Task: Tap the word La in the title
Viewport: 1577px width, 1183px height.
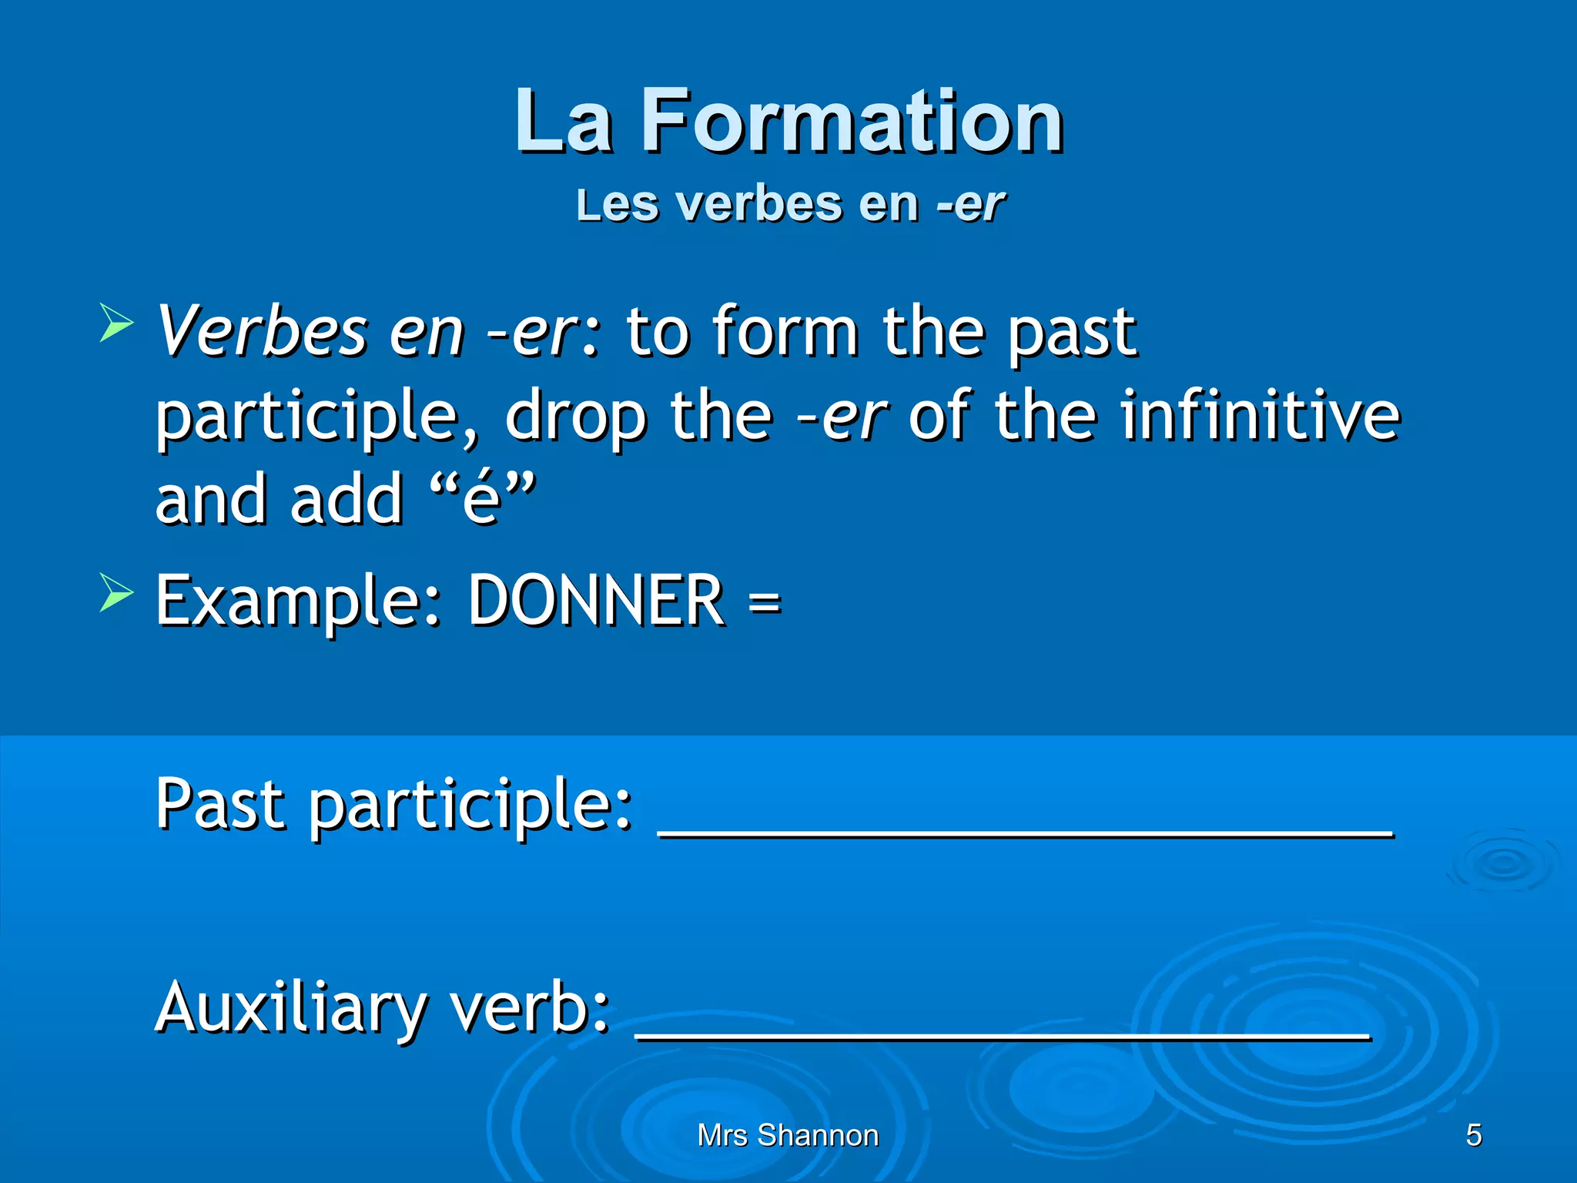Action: [564, 122]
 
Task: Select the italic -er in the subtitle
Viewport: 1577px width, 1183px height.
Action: [970, 205]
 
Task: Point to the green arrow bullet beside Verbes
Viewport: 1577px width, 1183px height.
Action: [116, 323]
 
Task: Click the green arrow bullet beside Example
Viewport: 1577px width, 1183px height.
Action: [116, 594]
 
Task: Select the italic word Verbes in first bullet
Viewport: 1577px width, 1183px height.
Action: [262, 331]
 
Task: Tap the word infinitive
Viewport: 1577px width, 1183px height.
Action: [1260, 416]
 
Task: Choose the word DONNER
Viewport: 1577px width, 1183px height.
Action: [596, 600]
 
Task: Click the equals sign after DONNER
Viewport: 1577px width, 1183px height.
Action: [764, 602]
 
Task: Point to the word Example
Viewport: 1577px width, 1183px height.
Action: [298, 602]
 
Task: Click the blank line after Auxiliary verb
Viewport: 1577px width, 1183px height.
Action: [1003, 1037]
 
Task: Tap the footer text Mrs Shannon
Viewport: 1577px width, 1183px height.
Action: [788, 1135]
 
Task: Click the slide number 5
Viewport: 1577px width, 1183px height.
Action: [1473, 1135]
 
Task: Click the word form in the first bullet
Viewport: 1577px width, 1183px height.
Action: [785, 331]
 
